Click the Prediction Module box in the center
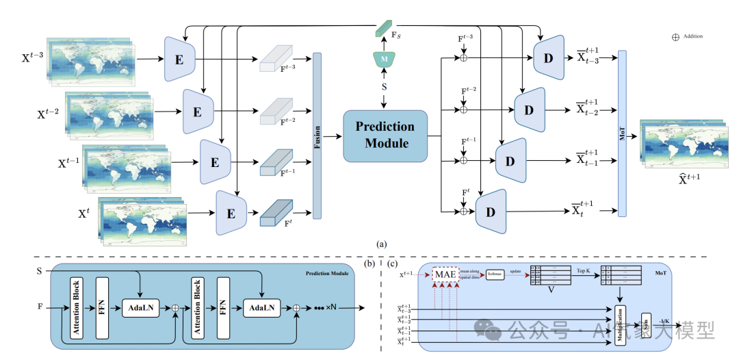pyautogui.click(x=385, y=135)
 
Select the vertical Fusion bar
pyautogui.click(x=317, y=136)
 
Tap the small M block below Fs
pyautogui.click(x=385, y=60)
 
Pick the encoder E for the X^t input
pyautogui.click(x=231, y=213)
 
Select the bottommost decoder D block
pyautogui.click(x=490, y=211)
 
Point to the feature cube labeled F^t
pyautogui.click(x=276, y=213)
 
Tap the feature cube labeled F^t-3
pyautogui.click(x=276, y=62)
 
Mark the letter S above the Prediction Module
pyautogui.click(x=385, y=87)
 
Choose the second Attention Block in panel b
pyautogui.click(x=197, y=307)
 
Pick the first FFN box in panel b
pyautogui.click(x=102, y=307)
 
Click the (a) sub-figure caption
pyautogui.click(x=381, y=244)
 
